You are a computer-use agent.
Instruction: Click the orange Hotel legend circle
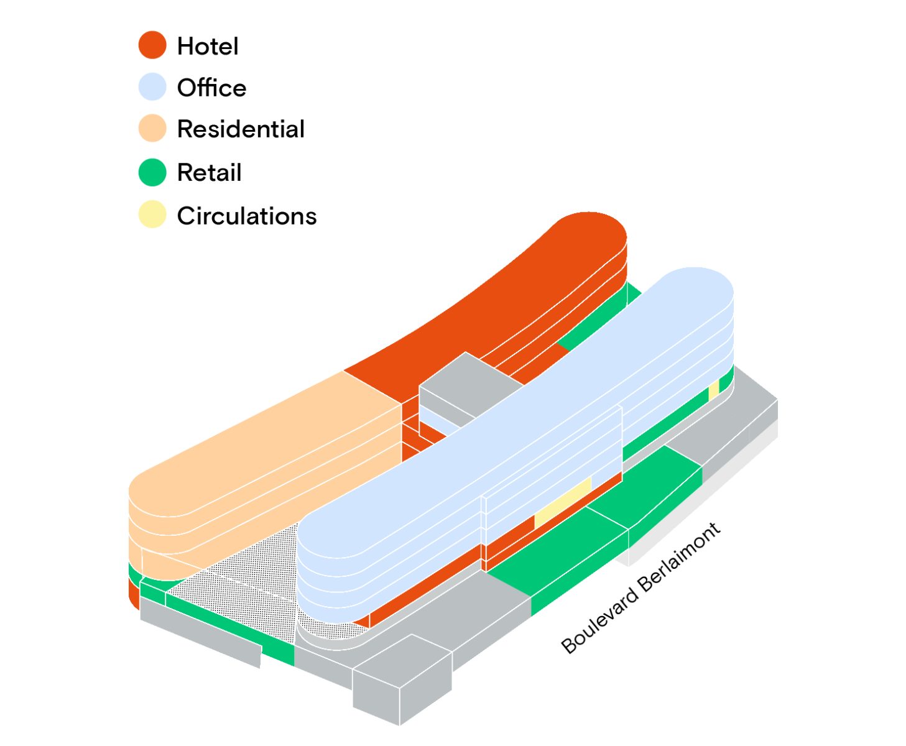[152, 45]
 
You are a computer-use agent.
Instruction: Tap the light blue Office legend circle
[152, 87]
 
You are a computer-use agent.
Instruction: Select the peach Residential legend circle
[152, 129]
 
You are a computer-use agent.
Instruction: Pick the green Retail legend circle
[152, 172]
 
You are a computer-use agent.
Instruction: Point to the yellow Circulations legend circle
[152, 215]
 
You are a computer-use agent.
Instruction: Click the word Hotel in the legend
[208, 47]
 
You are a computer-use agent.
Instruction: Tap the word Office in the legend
[211, 88]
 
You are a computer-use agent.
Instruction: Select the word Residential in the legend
[241, 129]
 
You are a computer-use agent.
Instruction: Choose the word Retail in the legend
[209, 173]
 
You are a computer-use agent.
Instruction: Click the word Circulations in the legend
[247, 216]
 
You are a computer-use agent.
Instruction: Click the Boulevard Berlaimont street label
[640, 588]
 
